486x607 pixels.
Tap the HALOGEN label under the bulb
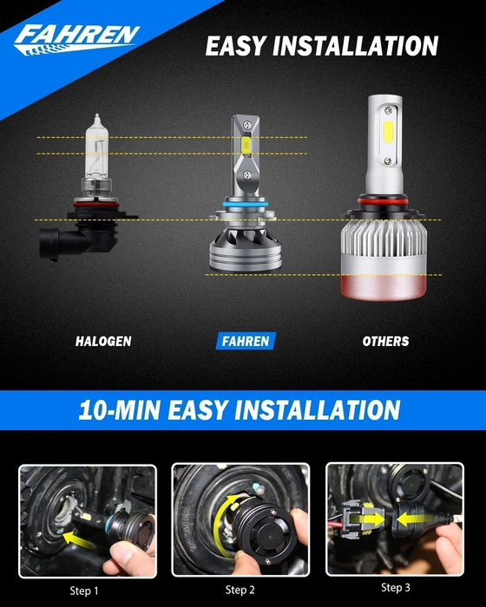(103, 342)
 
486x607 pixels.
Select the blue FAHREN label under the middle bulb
(243, 342)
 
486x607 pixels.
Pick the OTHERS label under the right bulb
(385, 342)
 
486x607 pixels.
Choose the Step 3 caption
(396, 588)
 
